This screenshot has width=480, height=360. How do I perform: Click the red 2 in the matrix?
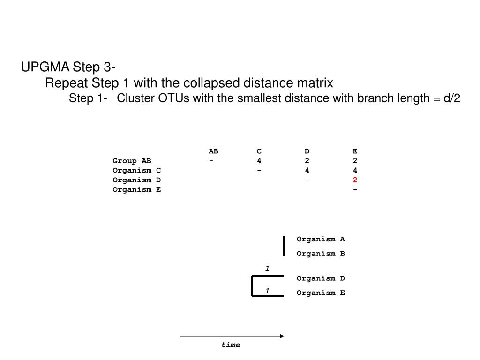[355, 180]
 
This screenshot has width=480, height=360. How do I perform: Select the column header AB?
[213, 151]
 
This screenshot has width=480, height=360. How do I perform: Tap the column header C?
[259, 151]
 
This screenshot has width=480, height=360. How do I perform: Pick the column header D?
[307, 151]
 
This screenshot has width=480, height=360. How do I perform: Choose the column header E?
[355, 151]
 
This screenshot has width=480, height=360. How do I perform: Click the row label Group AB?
[132, 161]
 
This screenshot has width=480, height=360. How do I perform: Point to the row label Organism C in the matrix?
[137, 171]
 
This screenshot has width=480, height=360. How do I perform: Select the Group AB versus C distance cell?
[259, 161]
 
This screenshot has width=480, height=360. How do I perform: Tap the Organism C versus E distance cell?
[355, 171]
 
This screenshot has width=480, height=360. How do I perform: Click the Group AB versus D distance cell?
[307, 161]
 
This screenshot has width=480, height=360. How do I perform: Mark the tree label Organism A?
[321, 239]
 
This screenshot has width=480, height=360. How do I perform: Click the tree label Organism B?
[321, 254]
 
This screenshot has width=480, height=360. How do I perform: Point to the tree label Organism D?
[321, 278]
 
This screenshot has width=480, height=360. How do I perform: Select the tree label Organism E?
[321, 293]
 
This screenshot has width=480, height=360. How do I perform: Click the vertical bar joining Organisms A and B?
[284, 246]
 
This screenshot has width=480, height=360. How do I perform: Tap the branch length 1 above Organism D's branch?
[267, 269]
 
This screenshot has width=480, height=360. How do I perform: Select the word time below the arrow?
[231, 345]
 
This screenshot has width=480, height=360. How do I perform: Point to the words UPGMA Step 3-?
[68, 67]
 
